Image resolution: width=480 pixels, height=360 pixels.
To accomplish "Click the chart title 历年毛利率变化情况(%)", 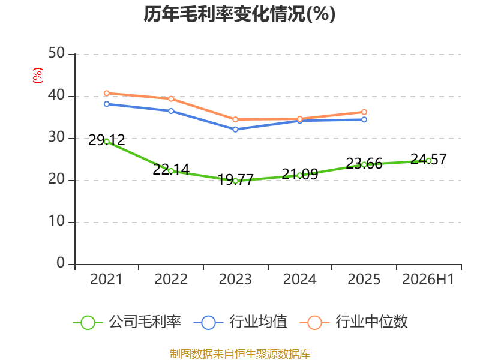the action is pyautogui.click(x=239, y=14).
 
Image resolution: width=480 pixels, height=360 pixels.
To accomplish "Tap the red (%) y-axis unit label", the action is pyautogui.click(x=38, y=76).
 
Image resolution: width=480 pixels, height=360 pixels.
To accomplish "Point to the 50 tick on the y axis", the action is pyautogui.click(x=56, y=53).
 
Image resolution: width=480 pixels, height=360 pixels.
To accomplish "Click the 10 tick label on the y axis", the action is pyautogui.click(x=56, y=221).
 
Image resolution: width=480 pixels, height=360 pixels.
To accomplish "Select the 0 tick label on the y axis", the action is pyautogui.click(x=61, y=263).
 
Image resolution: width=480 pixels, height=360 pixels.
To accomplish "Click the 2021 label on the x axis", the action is pyautogui.click(x=106, y=279).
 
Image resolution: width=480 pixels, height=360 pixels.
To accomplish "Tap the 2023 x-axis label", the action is pyautogui.click(x=235, y=279).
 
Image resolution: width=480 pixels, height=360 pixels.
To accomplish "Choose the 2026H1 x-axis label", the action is pyautogui.click(x=428, y=279).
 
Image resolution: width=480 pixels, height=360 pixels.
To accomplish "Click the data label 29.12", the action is pyautogui.click(x=107, y=140).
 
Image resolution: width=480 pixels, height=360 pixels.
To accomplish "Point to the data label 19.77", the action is pyautogui.click(x=235, y=179).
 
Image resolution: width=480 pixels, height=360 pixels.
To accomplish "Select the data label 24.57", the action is pyautogui.click(x=428, y=159).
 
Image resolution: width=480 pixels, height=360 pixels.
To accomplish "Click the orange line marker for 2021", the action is pyautogui.click(x=107, y=93).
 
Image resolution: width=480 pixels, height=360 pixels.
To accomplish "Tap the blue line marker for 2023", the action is pyautogui.click(x=235, y=130).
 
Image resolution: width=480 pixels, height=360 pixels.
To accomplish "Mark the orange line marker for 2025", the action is pyautogui.click(x=364, y=112).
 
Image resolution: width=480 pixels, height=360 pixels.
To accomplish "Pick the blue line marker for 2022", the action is pyautogui.click(x=171, y=111).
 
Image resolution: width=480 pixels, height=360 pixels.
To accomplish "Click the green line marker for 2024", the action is pyautogui.click(x=299, y=175).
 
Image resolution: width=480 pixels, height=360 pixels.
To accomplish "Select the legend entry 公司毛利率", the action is pyautogui.click(x=127, y=322).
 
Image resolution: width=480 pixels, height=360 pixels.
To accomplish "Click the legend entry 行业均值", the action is pyautogui.click(x=241, y=322).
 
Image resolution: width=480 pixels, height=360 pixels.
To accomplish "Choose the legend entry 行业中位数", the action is pyautogui.click(x=353, y=322).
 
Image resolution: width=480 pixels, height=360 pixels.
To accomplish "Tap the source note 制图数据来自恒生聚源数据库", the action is pyautogui.click(x=239, y=354).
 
